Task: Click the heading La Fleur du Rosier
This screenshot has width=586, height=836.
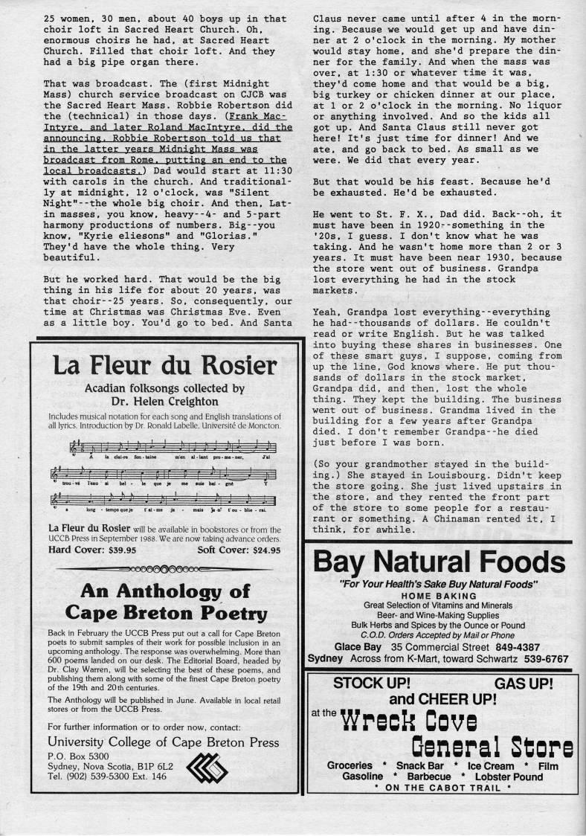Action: (x=164, y=367)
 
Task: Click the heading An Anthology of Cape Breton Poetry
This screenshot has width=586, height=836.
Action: (x=164, y=602)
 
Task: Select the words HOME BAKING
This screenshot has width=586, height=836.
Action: (x=438, y=597)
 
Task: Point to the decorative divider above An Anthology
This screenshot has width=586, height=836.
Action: (x=164, y=569)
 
